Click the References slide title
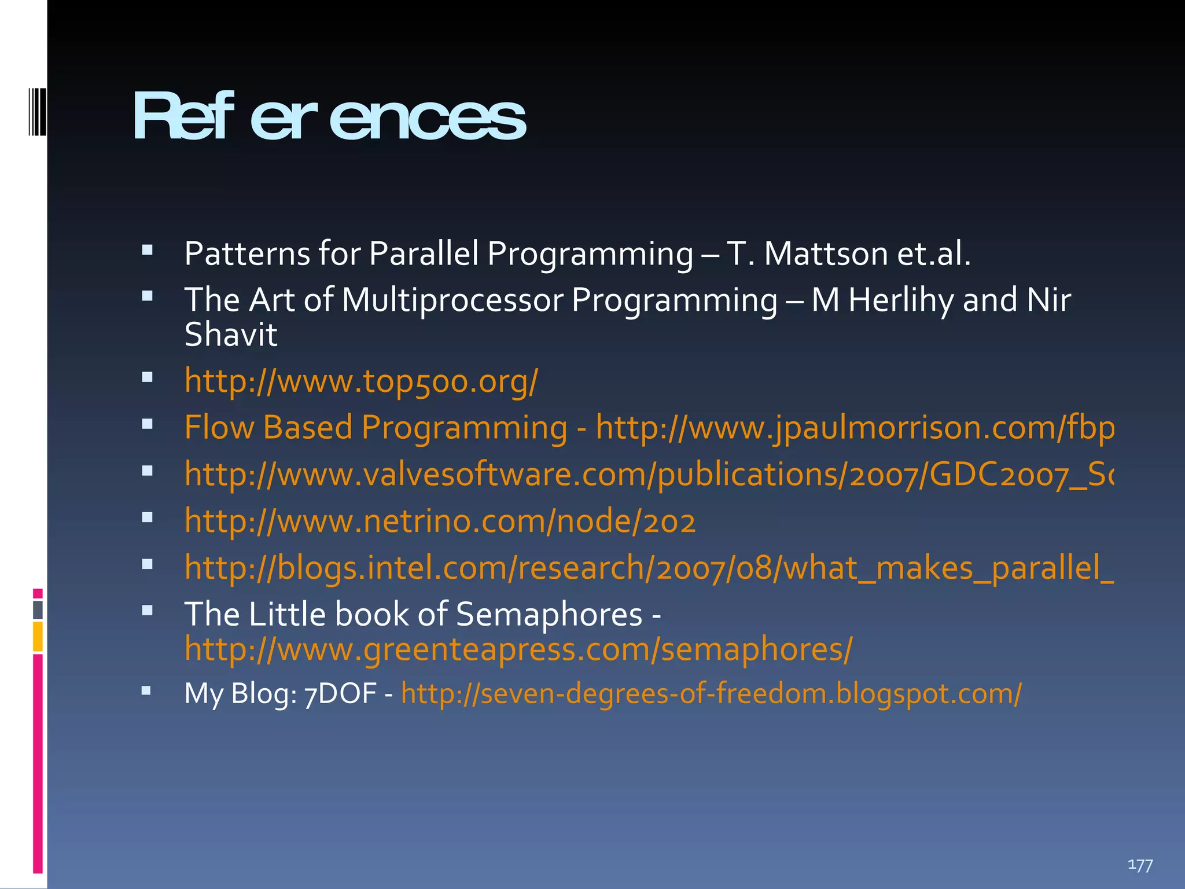(x=329, y=117)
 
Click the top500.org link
(x=361, y=381)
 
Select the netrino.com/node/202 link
(x=440, y=521)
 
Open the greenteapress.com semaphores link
(x=518, y=649)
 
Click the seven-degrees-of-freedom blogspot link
(x=711, y=693)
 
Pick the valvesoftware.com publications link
(x=648, y=475)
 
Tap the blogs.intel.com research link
(x=648, y=568)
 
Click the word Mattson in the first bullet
(x=826, y=254)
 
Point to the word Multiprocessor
(x=452, y=300)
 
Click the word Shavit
(x=230, y=335)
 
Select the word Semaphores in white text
(x=549, y=614)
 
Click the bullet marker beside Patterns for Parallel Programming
(x=147, y=251)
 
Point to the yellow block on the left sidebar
(x=38, y=637)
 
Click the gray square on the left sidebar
(x=38, y=609)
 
